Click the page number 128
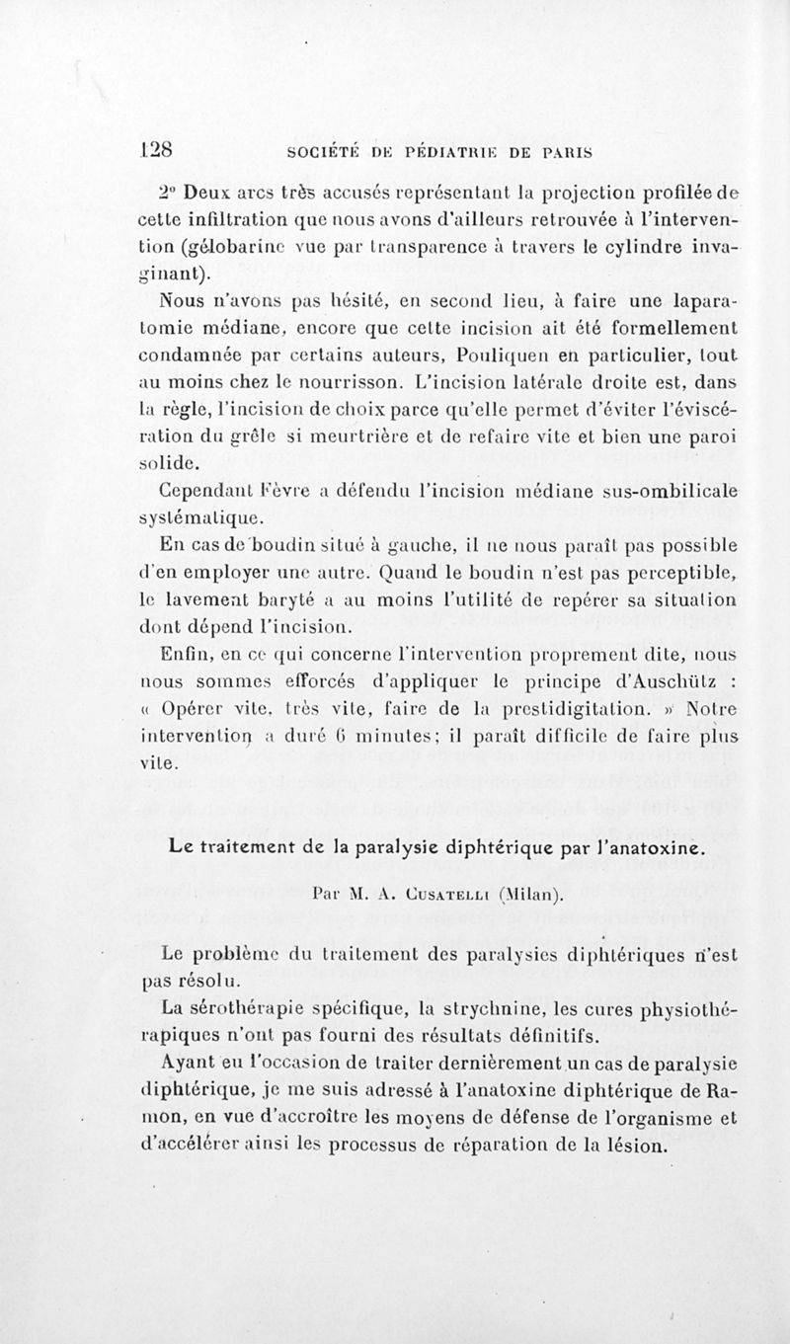click(157, 152)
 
